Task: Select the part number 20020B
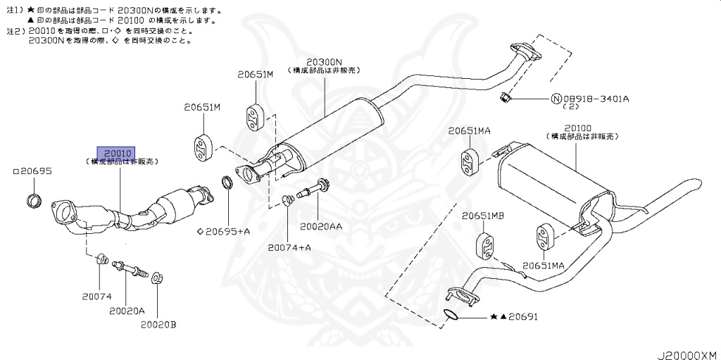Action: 158,325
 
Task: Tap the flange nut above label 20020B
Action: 156,278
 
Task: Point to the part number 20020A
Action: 127,311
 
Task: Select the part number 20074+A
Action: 289,247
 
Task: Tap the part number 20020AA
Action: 321,227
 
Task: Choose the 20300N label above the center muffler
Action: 325,62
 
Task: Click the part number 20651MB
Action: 483,216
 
